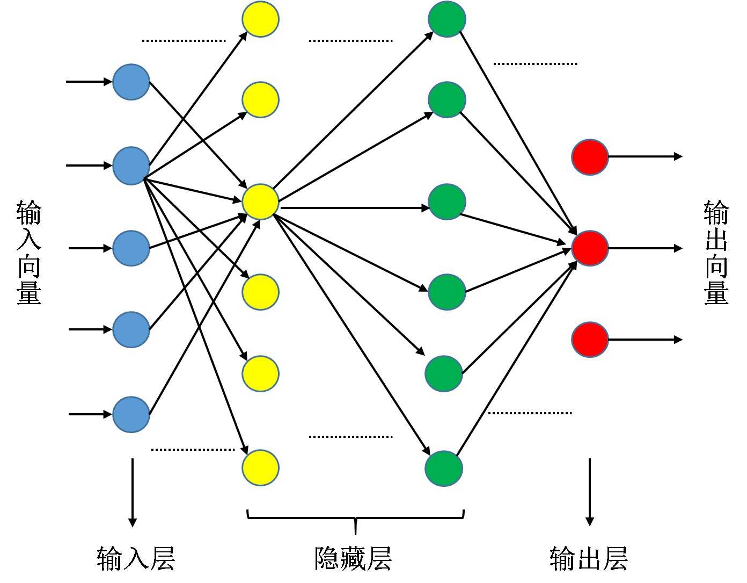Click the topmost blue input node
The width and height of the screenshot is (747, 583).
131,82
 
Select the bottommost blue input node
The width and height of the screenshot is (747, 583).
131,414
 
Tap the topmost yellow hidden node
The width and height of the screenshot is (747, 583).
260,19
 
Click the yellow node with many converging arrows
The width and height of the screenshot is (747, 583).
260,201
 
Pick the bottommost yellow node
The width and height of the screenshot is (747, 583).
260,467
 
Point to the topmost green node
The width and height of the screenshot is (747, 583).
446,19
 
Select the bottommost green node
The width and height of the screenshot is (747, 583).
444,468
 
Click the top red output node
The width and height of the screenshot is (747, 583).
590,157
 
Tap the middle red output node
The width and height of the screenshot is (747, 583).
590,248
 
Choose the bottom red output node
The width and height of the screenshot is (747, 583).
590,340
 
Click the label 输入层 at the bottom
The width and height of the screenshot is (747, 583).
136,558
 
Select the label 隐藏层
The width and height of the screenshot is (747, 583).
353,558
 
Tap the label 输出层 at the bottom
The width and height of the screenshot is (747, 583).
589,558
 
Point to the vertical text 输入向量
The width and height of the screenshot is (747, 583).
29,252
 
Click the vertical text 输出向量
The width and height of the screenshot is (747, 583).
716,252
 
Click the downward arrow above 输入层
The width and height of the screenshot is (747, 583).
133,492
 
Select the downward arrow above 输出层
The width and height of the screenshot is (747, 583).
590,492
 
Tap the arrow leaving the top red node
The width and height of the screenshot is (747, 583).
645,156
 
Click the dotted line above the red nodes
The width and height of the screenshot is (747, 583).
535,64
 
